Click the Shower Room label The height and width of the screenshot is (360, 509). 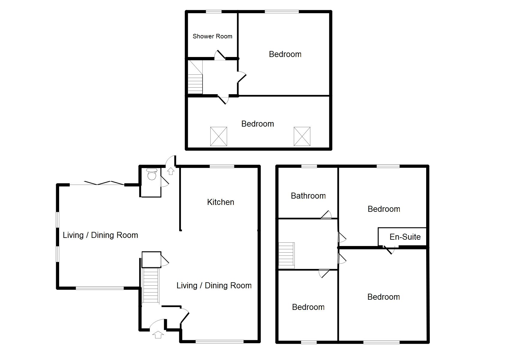[212, 36]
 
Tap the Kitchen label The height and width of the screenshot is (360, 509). [221, 202]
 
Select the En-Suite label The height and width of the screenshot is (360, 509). [405, 237]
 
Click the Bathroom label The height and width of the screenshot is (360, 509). [308, 196]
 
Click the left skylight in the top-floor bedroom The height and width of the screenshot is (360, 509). [218, 136]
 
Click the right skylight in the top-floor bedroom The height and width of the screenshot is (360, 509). [302, 136]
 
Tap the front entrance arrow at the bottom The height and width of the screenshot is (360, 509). [158, 334]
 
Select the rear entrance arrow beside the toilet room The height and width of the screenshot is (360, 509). [171, 171]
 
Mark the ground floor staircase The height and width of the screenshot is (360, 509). [150, 286]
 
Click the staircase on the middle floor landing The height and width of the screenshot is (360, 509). [287, 255]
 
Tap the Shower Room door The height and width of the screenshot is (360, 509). [220, 55]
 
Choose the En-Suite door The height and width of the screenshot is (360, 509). [389, 249]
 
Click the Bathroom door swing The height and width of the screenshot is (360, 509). [327, 214]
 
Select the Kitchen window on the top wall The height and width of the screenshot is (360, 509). [222, 166]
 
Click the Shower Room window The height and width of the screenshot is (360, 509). [214, 12]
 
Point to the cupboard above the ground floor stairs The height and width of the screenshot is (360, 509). [151, 259]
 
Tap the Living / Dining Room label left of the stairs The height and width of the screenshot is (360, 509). [100, 235]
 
